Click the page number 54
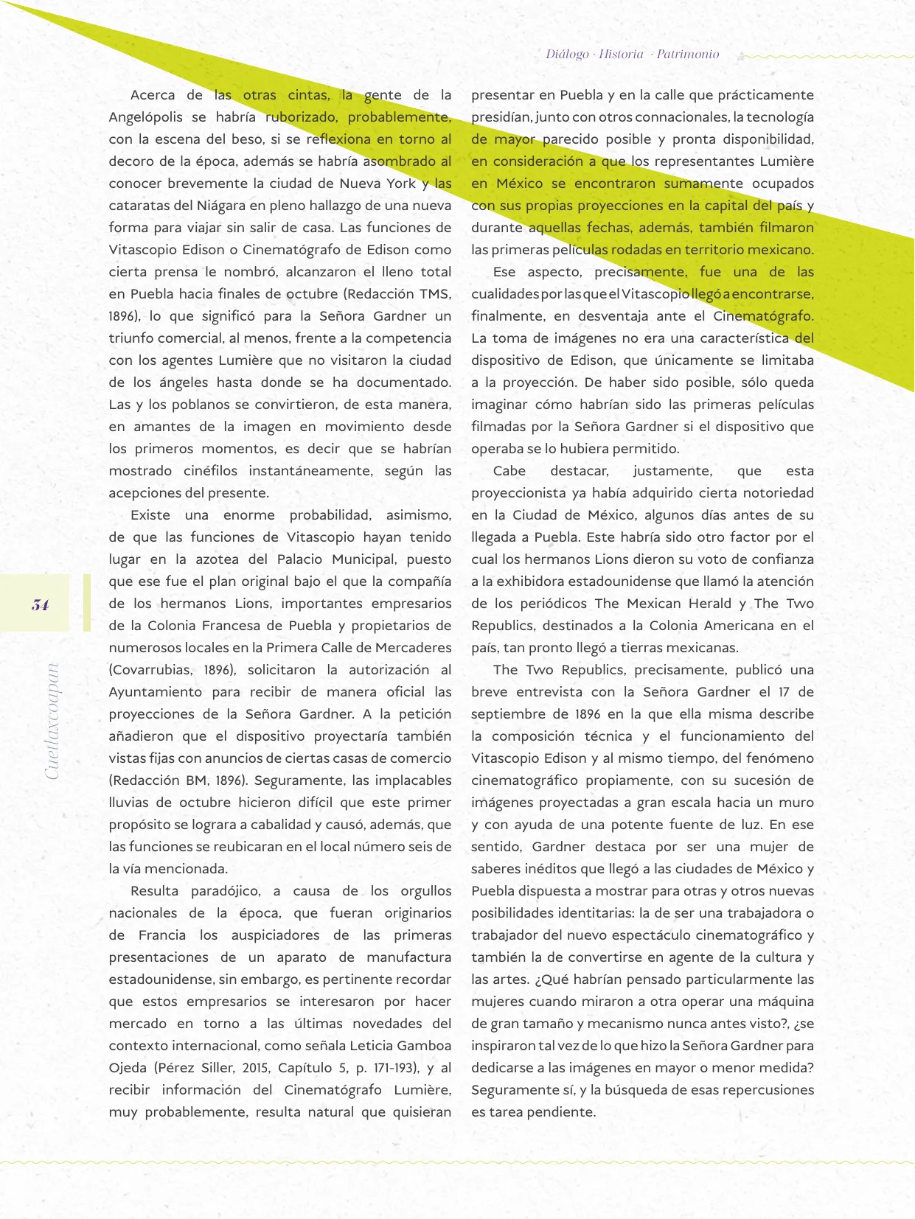pyautogui.click(x=41, y=605)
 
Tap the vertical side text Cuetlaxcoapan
pyautogui.click(x=51, y=722)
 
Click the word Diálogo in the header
pyautogui.click(x=567, y=54)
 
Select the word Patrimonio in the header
pyautogui.click(x=687, y=54)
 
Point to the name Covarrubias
pyautogui.click(x=154, y=670)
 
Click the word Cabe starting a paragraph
pyautogui.click(x=509, y=471)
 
